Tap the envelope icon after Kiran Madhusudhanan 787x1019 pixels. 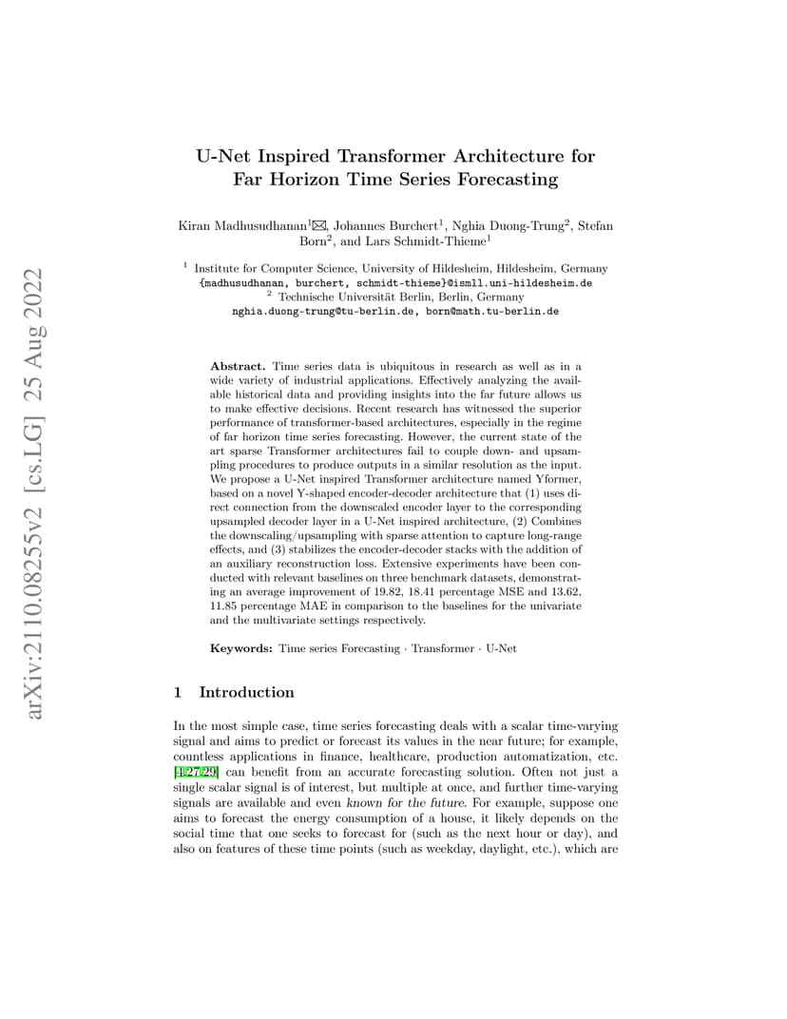click(x=319, y=225)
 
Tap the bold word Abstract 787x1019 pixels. click(x=238, y=366)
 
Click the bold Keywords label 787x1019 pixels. click(x=241, y=648)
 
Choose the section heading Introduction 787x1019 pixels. click(x=246, y=692)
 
